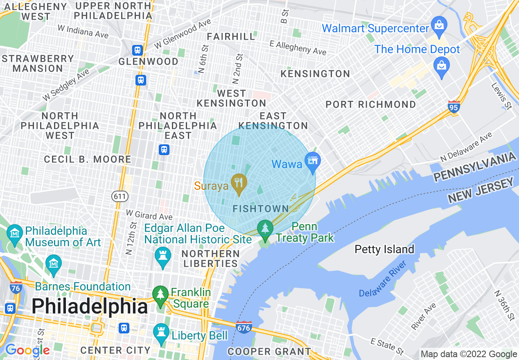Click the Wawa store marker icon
[x=313, y=160]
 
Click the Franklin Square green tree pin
[x=160, y=295]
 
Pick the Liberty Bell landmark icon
[x=160, y=333]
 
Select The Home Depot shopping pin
[x=442, y=66]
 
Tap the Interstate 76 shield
[x=16, y=288]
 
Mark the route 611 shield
[x=120, y=196]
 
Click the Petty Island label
[x=384, y=249]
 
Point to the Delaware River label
[x=382, y=279]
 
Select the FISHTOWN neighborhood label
[x=261, y=209]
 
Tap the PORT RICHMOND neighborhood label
[x=370, y=104]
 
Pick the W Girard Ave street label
[x=149, y=214]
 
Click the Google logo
[x=27, y=350]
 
